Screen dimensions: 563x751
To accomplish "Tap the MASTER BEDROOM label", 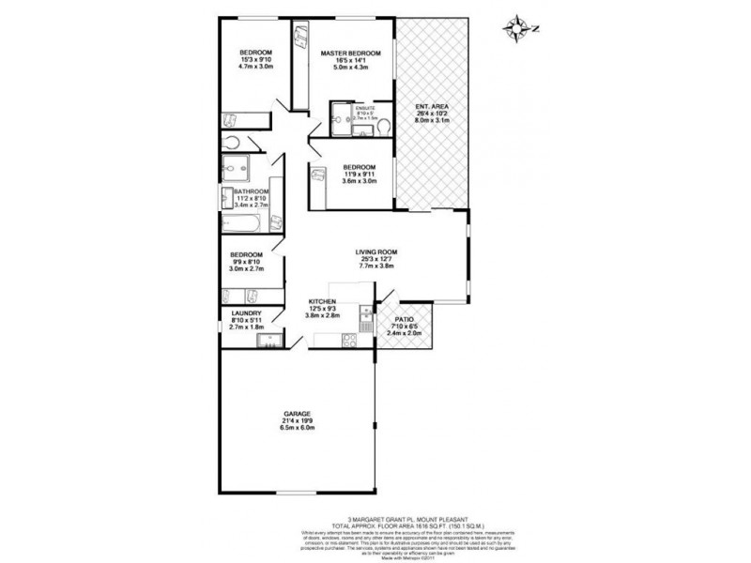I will (350, 53).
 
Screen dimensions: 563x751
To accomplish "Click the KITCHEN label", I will (323, 302).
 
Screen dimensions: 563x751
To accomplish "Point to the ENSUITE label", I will (365, 109).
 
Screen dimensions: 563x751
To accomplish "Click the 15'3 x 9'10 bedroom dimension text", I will (254, 60).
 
